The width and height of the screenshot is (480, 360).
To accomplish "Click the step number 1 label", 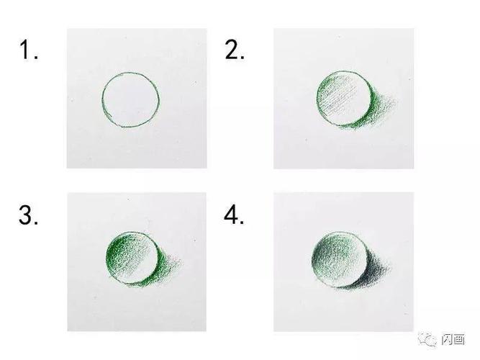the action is pos(29,50).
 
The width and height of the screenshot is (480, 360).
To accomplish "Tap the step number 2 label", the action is pos(235,50).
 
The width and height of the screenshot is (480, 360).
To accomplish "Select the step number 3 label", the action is pos(29,215).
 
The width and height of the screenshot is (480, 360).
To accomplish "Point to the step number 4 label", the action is pos(234,215).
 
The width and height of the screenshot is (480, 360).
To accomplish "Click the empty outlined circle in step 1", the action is pos(103,99).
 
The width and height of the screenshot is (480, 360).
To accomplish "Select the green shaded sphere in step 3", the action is pos(132,258).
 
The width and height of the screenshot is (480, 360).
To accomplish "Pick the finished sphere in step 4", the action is pos(340,259).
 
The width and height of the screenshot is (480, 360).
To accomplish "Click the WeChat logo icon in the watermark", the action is pos(427,339).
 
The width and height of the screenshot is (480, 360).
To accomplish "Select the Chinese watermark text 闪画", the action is pos(453,339).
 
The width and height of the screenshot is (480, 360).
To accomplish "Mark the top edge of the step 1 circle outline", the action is pos(131,73).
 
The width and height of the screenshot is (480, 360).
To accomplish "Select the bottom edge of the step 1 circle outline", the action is pos(130,126).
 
